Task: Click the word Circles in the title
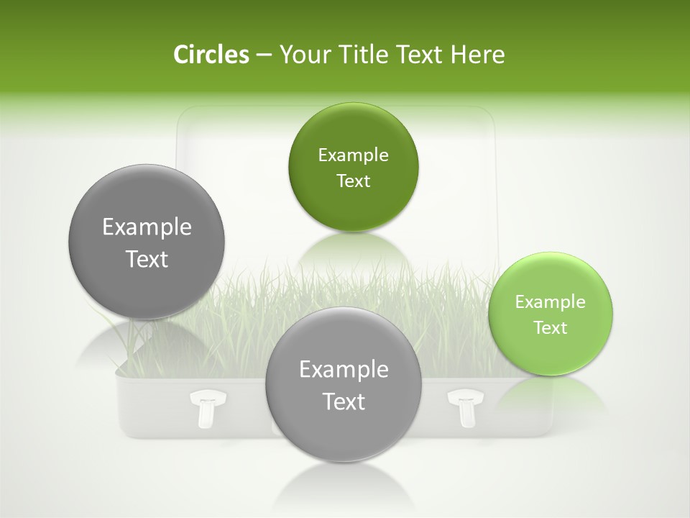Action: click(x=211, y=55)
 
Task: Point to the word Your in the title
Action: click(x=302, y=55)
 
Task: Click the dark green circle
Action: click(x=353, y=167)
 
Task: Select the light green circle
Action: click(x=551, y=314)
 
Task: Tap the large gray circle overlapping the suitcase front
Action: click(x=343, y=385)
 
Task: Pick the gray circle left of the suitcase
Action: click(x=147, y=242)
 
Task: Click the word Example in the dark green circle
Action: click(x=353, y=155)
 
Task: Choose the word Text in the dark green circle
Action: click(x=353, y=181)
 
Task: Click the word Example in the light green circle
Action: click(x=551, y=301)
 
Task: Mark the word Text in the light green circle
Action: click(x=551, y=327)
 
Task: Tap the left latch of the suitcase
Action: click(x=203, y=408)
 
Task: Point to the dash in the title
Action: click(x=264, y=55)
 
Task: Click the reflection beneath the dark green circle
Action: click(x=353, y=252)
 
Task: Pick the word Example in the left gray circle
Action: click(x=147, y=227)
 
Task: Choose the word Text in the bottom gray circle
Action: click(x=343, y=401)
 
